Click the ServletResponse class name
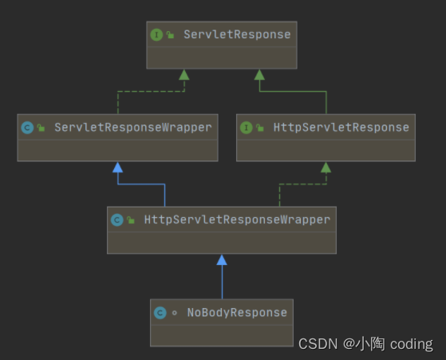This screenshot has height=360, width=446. (237, 34)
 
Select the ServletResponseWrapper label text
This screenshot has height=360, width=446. (133, 127)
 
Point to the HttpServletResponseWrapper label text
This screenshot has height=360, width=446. (237, 220)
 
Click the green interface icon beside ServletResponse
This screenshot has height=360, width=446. (156, 34)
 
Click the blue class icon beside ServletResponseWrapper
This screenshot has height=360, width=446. (27, 127)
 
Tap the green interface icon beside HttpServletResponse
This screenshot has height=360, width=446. (247, 127)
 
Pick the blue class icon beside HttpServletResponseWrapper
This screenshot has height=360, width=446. (117, 220)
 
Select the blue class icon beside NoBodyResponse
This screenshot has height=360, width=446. (160, 313)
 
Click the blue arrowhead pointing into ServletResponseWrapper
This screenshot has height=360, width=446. (117, 167)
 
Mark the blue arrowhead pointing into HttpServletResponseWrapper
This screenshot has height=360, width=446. (222, 259)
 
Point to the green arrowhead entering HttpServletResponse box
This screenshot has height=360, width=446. (326, 167)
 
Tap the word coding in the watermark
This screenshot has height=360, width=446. (412, 344)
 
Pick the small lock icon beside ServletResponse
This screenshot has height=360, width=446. (170, 35)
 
